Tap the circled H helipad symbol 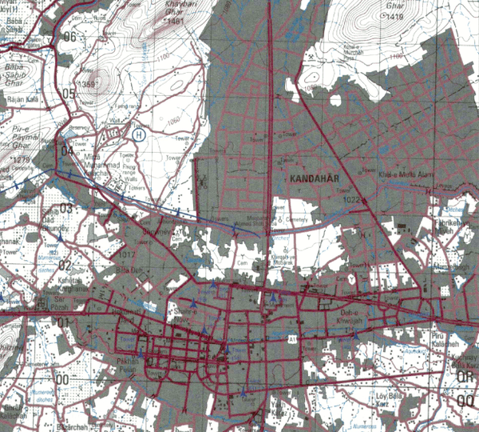[139, 135]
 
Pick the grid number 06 [71, 37]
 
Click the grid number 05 [69, 94]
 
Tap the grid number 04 [67, 150]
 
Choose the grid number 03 [65, 208]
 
